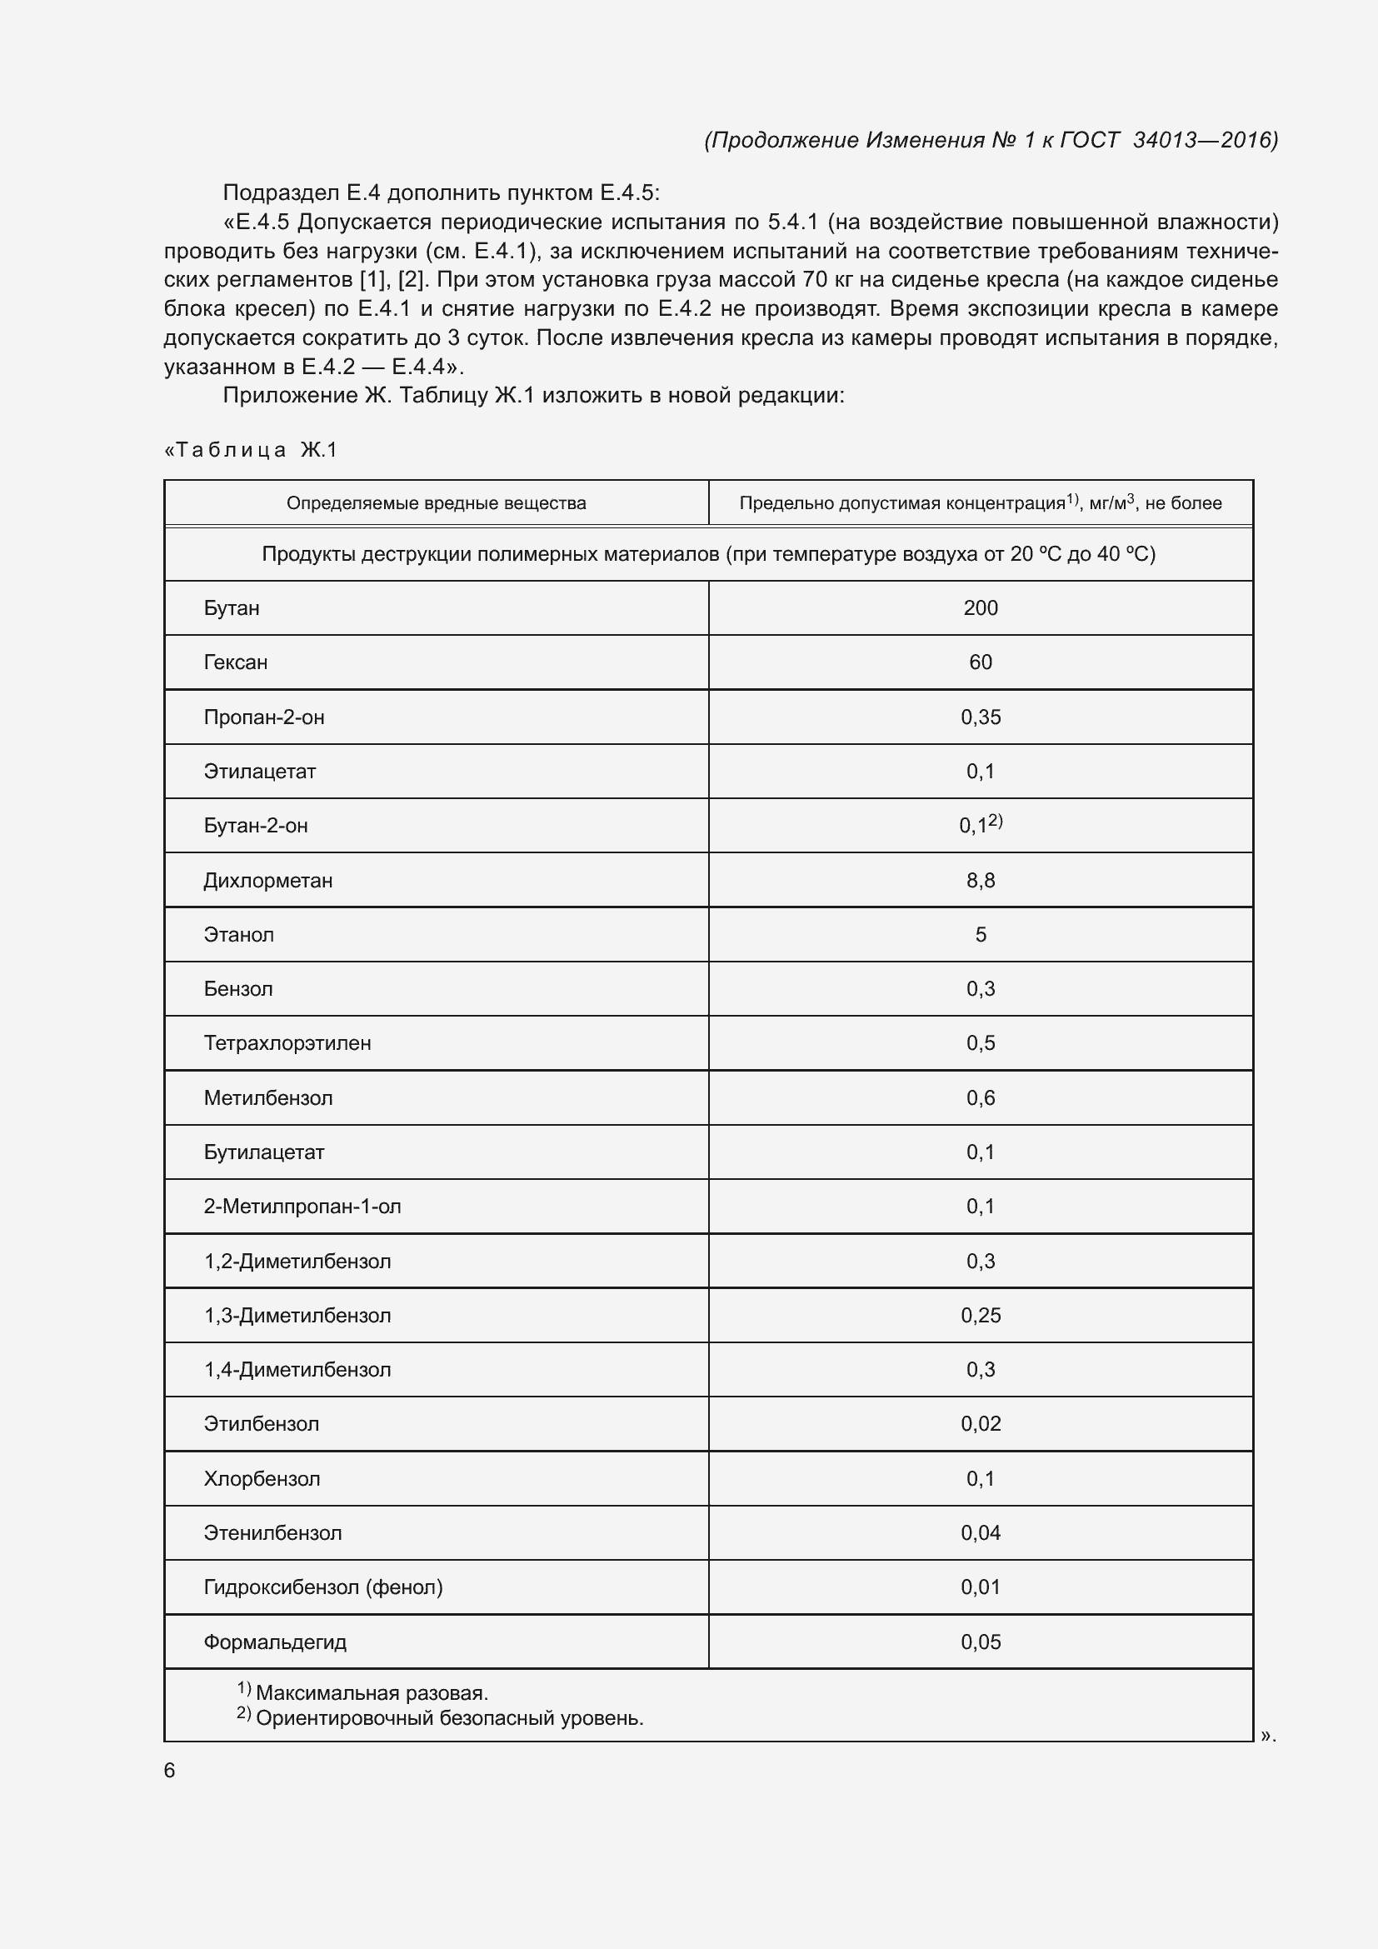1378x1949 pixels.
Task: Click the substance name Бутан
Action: click(x=232, y=607)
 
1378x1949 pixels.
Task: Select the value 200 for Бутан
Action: click(x=980, y=607)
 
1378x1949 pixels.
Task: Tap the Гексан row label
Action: click(x=235, y=662)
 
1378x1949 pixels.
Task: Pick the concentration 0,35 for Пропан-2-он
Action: click(x=980, y=717)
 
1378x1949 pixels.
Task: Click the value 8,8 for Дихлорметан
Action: click(x=980, y=880)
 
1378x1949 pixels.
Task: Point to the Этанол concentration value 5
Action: click(x=980, y=935)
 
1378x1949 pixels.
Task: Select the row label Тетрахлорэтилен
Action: click(x=287, y=1043)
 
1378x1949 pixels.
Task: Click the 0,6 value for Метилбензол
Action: click(x=980, y=1097)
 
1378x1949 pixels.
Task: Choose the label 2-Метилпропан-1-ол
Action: click(x=302, y=1207)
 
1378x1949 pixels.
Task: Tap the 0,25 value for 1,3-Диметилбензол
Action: click(x=980, y=1315)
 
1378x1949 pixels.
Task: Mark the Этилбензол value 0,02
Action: click(x=980, y=1423)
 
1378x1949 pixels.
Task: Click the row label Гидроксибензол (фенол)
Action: click(x=322, y=1587)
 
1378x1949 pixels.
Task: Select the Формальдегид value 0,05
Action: click(x=980, y=1642)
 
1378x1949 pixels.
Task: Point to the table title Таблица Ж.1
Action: click(x=251, y=450)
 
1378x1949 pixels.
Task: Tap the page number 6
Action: click(x=169, y=1770)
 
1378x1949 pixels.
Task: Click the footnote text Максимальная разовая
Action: click(x=372, y=1692)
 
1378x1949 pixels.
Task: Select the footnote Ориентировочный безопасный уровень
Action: click(x=449, y=1718)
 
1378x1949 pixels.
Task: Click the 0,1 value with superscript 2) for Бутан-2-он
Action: click(x=980, y=825)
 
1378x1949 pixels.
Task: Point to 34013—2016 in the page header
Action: click(x=1205, y=140)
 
